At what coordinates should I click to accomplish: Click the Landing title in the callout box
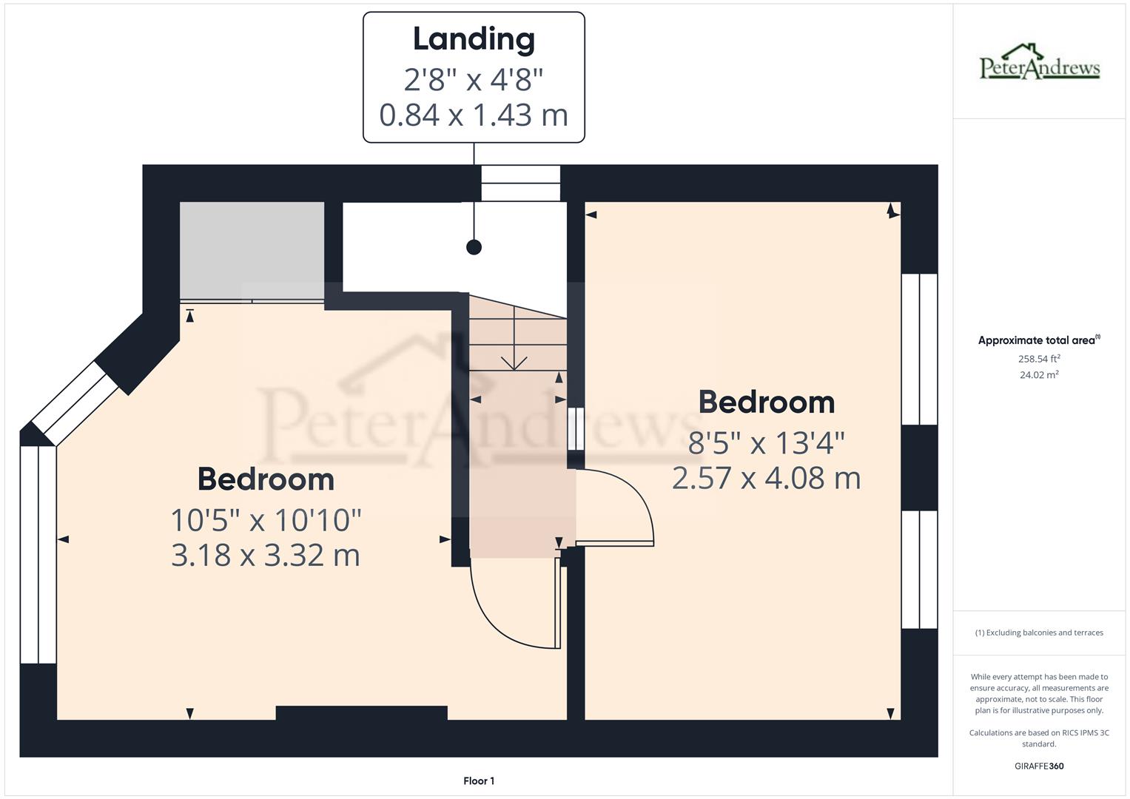coord(474,39)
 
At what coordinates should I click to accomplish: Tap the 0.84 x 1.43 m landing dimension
coord(474,115)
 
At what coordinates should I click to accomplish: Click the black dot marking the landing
coord(474,247)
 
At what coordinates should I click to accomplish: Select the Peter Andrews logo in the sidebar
coord(1040,63)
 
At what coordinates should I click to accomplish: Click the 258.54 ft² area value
coord(1039,359)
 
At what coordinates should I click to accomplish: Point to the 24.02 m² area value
coord(1039,375)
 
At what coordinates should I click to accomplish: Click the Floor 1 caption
coord(479,781)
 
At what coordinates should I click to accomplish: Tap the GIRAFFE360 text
coord(1039,766)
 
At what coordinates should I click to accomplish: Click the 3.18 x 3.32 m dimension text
coord(266,555)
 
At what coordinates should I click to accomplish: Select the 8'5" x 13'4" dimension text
coord(766,443)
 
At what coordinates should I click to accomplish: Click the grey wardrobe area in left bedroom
coord(252,249)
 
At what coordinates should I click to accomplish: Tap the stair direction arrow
coord(514,362)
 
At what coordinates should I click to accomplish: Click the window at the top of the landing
coord(520,183)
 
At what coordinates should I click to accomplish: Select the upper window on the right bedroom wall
coord(919,349)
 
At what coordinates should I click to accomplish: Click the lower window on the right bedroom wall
coord(919,569)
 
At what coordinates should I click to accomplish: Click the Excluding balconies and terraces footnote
coord(1039,633)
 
